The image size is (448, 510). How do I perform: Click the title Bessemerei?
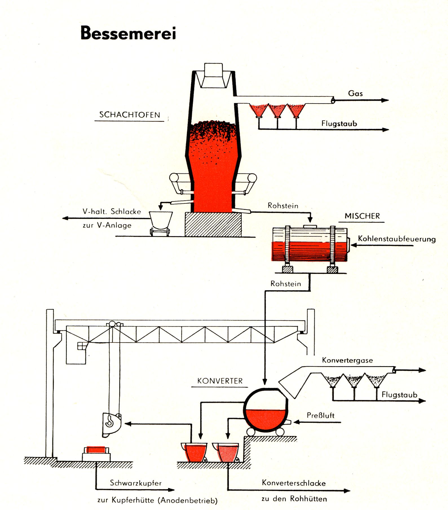128,33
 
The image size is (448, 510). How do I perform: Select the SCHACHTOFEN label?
129,115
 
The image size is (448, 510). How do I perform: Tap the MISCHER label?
362,216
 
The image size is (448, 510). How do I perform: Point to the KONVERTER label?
220,381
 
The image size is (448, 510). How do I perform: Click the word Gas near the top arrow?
355,93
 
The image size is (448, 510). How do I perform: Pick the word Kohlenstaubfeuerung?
397,239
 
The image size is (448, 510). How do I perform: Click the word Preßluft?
321,416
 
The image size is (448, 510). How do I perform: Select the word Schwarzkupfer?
136,483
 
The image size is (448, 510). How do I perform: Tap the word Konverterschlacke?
294,483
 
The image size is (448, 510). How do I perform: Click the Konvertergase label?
347,360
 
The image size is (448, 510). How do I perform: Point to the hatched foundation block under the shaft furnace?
213,225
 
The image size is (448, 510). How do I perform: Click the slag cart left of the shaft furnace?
160,223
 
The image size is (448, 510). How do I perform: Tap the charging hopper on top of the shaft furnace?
213,75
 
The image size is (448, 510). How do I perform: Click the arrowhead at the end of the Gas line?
385,100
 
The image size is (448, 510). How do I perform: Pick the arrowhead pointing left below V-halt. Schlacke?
65,218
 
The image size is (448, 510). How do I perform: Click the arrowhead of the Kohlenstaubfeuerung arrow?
354,245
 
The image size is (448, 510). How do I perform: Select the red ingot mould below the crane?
96,450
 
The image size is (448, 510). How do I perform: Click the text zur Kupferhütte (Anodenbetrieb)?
157,500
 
